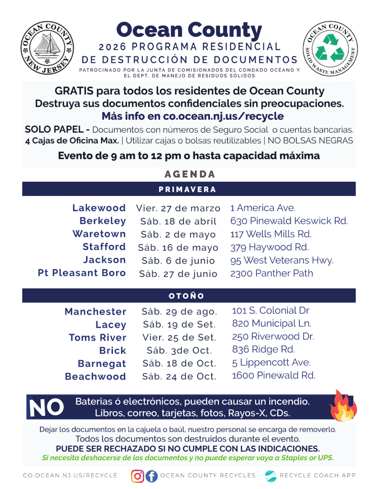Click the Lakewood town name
[99, 208]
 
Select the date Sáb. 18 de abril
[178, 222]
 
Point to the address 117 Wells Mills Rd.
[271, 234]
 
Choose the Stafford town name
[104, 247]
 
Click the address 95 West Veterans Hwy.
[282, 260]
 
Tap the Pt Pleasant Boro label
[82, 273]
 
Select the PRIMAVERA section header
[187, 190]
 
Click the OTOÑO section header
[187, 296]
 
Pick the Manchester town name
[96, 312]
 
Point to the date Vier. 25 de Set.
[179, 337]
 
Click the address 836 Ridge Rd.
[263, 349]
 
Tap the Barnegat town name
[102, 363]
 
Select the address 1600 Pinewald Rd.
[273, 375]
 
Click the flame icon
[342, 406]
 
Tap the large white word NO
[46, 407]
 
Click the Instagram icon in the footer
[138, 476]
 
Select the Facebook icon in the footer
[151, 476]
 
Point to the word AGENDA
[189, 174]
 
